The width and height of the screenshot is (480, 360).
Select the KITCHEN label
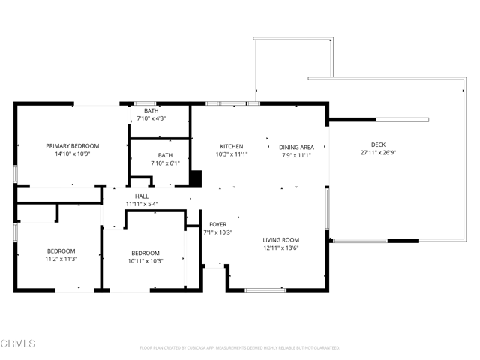point(231,146)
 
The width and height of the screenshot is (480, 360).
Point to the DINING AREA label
point(296,147)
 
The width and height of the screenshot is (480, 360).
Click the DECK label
point(379,145)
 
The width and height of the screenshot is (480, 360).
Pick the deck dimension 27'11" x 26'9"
point(379,153)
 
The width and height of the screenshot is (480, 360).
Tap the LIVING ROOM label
point(281,240)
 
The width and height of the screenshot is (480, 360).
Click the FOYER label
point(217,224)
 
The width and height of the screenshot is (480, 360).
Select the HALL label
point(142,196)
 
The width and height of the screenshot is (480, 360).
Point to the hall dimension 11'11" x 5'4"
point(142,204)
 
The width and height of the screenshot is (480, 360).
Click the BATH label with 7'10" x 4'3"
point(151,111)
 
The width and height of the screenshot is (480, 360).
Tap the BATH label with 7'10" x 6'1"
point(165,155)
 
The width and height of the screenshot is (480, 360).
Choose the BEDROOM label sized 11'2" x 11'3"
point(61,251)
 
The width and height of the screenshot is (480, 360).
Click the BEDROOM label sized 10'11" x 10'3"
point(145,253)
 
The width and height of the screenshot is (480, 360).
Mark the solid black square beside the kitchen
point(196,179)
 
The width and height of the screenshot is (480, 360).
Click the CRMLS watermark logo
point(19,344)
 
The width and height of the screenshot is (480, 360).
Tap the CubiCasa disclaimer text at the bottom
point(240,348)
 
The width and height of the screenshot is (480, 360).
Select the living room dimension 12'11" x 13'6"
point(281,248)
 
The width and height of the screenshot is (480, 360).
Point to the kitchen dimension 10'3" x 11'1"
point(231,154)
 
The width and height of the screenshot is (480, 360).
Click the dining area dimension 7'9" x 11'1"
point(296,155)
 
